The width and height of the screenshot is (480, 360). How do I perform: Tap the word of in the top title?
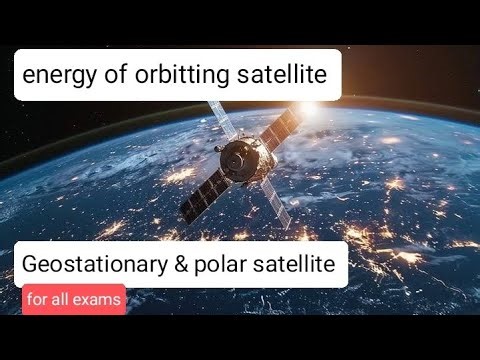pyautogui.click(x=116, y=74)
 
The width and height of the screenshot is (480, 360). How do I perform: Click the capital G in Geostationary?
pyautogui.click(x=29, y=265)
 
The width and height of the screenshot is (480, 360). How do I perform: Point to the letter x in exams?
pyautogui.click(x=86, y=300)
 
